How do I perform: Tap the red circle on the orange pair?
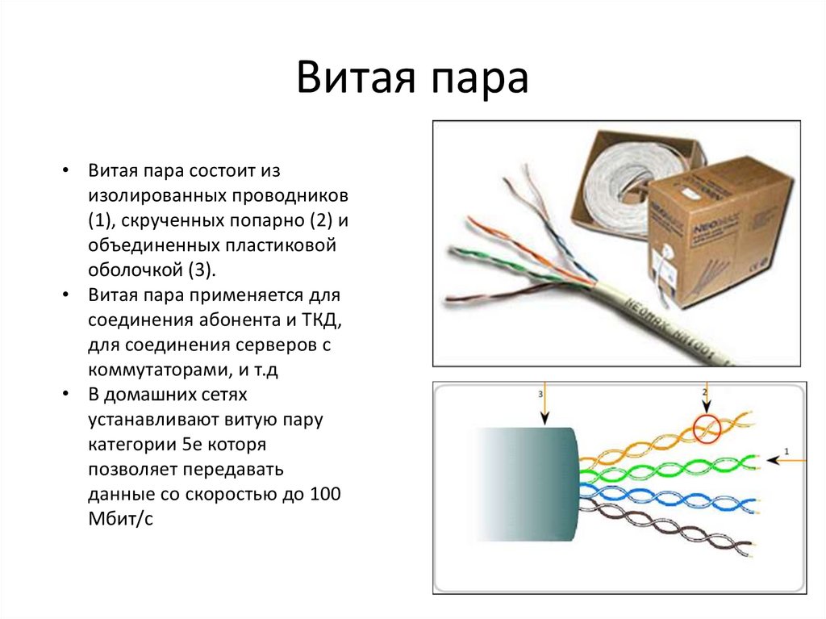[707, 429]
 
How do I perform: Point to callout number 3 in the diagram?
[540, 394]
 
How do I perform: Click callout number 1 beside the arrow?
[787, 451]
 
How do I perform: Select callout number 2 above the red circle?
[704, 391]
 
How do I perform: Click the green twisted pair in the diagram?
[669, 467]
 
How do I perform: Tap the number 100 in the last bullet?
[325, 494]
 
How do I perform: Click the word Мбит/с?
[121, 519]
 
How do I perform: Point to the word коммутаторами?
[158, 370]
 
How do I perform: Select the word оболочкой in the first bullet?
[135, 270]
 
